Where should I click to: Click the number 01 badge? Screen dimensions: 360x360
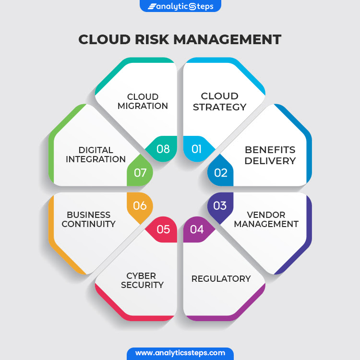(x=196, y=149)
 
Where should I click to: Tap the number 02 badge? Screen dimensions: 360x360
(x=220, y=172)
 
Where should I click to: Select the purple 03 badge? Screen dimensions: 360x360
(x=220, y=206)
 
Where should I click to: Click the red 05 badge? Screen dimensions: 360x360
(x=163, y=229)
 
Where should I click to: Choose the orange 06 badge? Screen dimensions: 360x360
(x=140, y=206)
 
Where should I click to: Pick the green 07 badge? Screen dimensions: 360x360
(x=140, y=172)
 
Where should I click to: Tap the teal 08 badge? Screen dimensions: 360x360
(x=163, y=149)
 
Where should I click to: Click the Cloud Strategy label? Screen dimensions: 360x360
(x=219, y=101)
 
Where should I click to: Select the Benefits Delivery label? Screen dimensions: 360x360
(x=270, y=155)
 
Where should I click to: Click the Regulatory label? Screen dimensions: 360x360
(x=221, y=278)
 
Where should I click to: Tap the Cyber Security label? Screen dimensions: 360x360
(x=142, y=280)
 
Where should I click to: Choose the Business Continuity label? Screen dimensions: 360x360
(x=89, y=219)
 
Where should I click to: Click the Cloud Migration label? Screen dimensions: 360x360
(x=143, y=101)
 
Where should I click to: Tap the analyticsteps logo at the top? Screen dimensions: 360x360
(x=180, y=6)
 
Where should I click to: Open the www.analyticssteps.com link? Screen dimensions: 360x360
(x=180, y=353)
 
